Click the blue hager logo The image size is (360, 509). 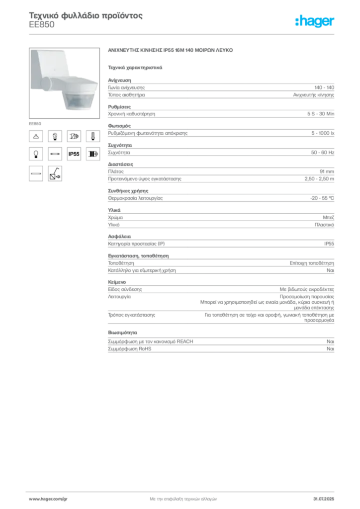coord(315,22)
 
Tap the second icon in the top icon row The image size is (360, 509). coord(55,136)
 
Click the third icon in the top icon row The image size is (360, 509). coord(74,136)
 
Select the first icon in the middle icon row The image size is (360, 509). coord(36,155)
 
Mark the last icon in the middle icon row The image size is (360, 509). coord(92,155)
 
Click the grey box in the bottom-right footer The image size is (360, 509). coord(326,496)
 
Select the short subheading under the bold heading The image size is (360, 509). coord(135,67)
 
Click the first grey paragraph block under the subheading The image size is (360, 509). coord(221,88)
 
